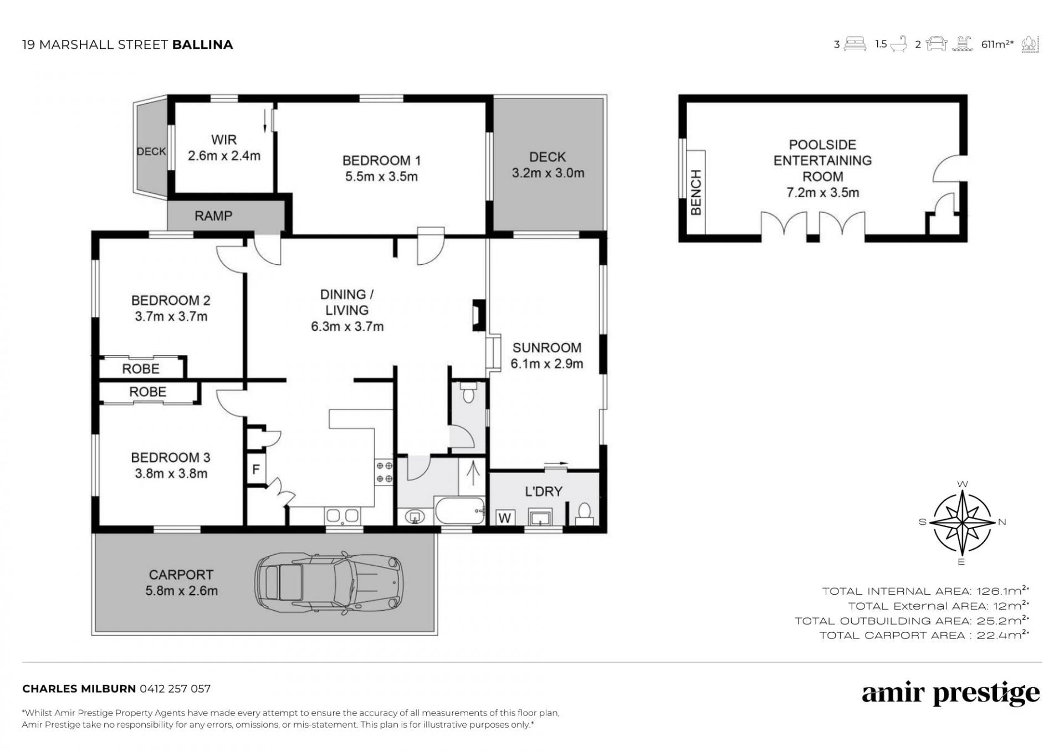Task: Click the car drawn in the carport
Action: coord(329,582)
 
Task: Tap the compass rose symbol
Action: coord(963,522)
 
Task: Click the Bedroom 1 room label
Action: coord(381,168)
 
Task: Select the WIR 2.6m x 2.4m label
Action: coord(224,147)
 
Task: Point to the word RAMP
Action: coord(213,216)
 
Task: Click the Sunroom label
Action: coord(546,355)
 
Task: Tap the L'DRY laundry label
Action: coord(544,492)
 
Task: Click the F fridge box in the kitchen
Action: coord(256,469)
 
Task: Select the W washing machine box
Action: coord(504,518)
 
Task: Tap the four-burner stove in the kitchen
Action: coord(385,472)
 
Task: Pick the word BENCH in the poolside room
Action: coord(696,192)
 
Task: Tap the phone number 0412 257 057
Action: coord(175,689)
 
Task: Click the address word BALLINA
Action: coord(202,44)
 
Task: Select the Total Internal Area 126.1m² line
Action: coord(925,591)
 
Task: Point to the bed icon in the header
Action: coord(855,44)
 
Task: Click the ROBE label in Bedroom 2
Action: coord(141,369)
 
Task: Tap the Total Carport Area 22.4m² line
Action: coord(924,635)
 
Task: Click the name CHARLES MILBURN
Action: coord(79,689)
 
